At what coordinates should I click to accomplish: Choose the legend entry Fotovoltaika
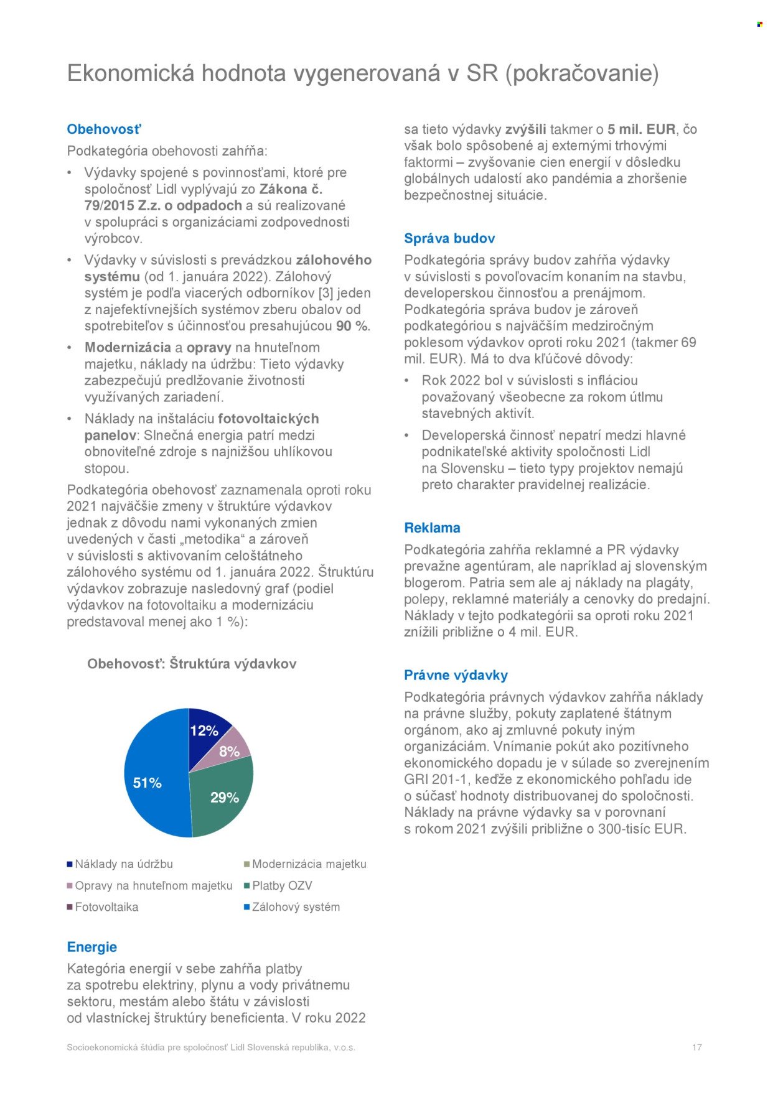106,907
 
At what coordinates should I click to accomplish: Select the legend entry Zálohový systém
296,907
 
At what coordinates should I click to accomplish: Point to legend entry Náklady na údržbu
123,864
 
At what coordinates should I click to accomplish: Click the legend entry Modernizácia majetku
309,864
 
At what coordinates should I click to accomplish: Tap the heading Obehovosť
104,129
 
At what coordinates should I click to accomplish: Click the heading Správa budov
449,238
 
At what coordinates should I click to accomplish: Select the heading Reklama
432,528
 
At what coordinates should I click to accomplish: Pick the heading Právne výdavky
456,675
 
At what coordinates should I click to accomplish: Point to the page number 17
696,1047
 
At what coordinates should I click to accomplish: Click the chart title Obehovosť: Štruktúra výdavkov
192,664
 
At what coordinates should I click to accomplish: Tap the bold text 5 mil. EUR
641,129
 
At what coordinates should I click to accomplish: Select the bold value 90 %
352,326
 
